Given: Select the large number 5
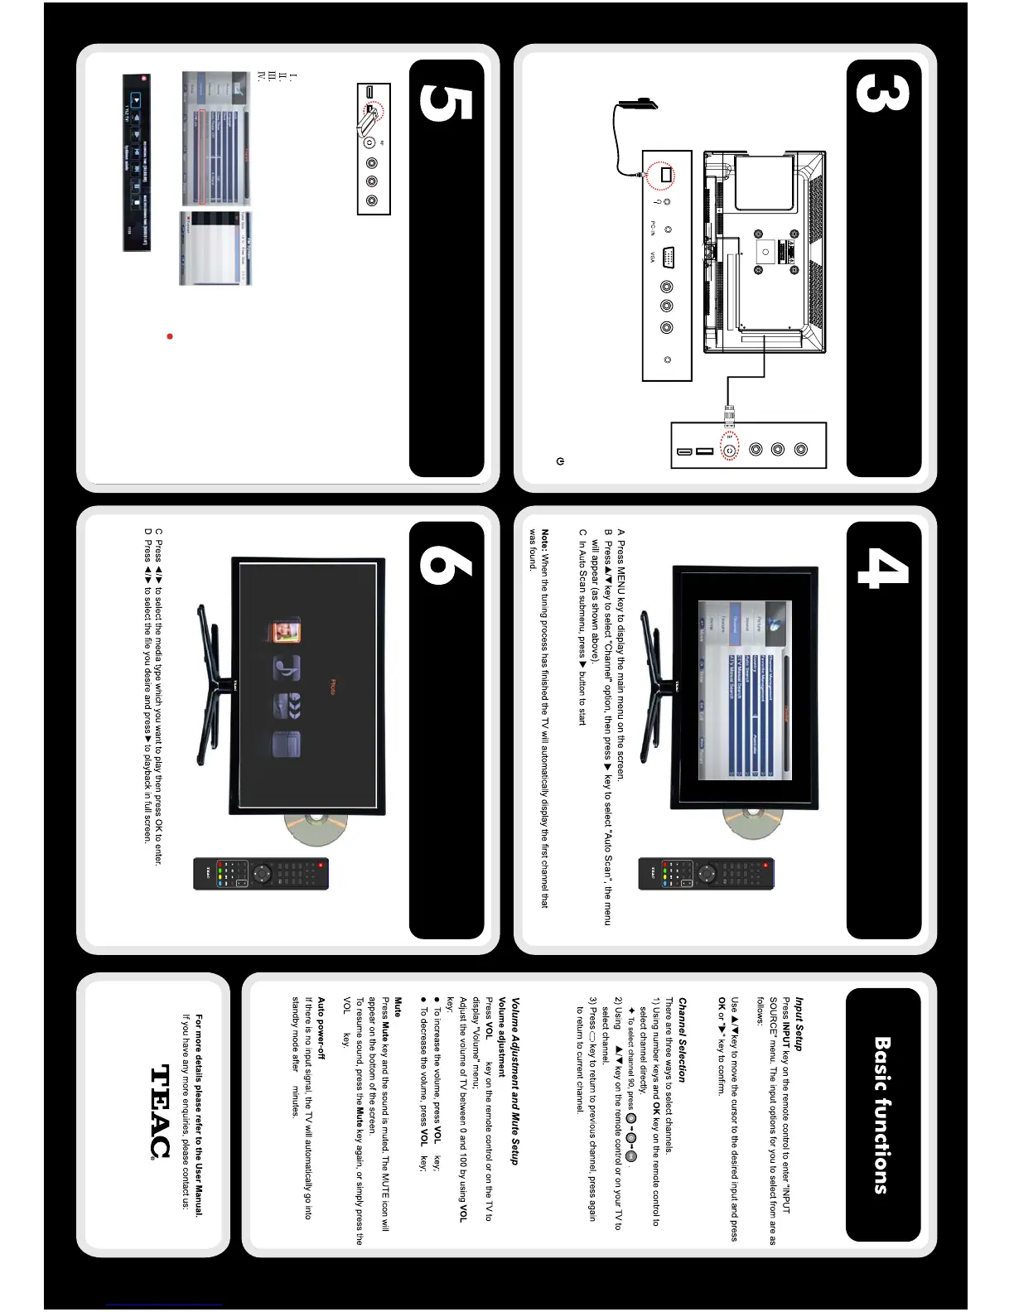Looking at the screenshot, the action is point(446,104).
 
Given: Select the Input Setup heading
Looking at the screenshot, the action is point(798,1024).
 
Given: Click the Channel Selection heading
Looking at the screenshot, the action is point(682,1039).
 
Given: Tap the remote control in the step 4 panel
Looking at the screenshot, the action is point(705,874).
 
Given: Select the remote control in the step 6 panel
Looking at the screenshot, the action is point(261,874).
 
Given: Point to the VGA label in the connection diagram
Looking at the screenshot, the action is point(652,257).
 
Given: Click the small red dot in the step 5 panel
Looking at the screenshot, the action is point(170,336).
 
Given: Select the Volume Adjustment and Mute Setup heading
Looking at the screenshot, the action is point(514,1081).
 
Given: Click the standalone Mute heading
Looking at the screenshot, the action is point(398,1007).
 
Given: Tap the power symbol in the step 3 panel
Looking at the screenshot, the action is point(561,461).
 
